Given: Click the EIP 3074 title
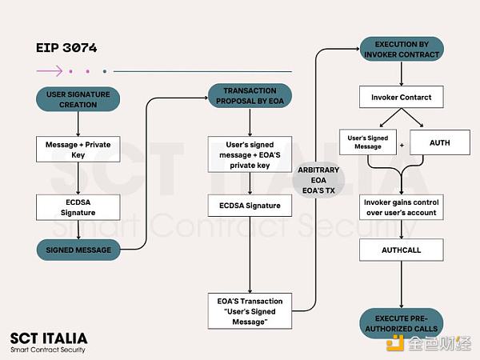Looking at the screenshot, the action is pyautogui.click(x=66, y=48).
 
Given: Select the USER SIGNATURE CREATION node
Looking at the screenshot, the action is pyautogui.click(x=78, y=99).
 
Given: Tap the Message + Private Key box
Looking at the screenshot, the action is pyautogui.click(x=78, y=150).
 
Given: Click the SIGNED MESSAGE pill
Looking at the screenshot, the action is pyautogui.click(x=78, y=250).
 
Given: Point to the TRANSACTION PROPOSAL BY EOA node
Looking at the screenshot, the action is pyautogui.click(x=250, y=95).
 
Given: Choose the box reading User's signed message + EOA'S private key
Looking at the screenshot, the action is pyautogui.click(x=250, y=154).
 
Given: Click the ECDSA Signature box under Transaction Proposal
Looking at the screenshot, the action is pyautogui.click(x=250, y=206).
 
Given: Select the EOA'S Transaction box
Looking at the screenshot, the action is pyautogui.click(x=250, y=311).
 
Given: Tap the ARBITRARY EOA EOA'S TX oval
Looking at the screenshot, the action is pyautogui.click(x=318, y=180).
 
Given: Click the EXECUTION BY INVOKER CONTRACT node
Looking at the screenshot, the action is pyautogui.click(x=402, y=49).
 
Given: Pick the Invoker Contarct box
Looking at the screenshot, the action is pyautogui.click(x=402, y=97).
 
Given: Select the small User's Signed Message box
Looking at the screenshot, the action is pyautogui.click(x=368, y=142).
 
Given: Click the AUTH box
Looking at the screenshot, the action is pyautogui.click(x=440, y=142).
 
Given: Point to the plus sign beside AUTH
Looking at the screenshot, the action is pyautogui.click(x=402, y=145).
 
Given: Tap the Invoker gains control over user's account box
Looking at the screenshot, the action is pyautogui.click(x=402, y=207).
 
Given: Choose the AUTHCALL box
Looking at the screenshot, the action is pyautogui.click(x=402, y=250).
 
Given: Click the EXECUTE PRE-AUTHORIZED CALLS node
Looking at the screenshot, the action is pyautogui.click(x=402, y=323).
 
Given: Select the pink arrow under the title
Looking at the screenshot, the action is pyautogui.click(x=50, y=71).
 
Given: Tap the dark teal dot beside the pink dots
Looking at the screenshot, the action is pyautogui.click(x=105, y=71).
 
